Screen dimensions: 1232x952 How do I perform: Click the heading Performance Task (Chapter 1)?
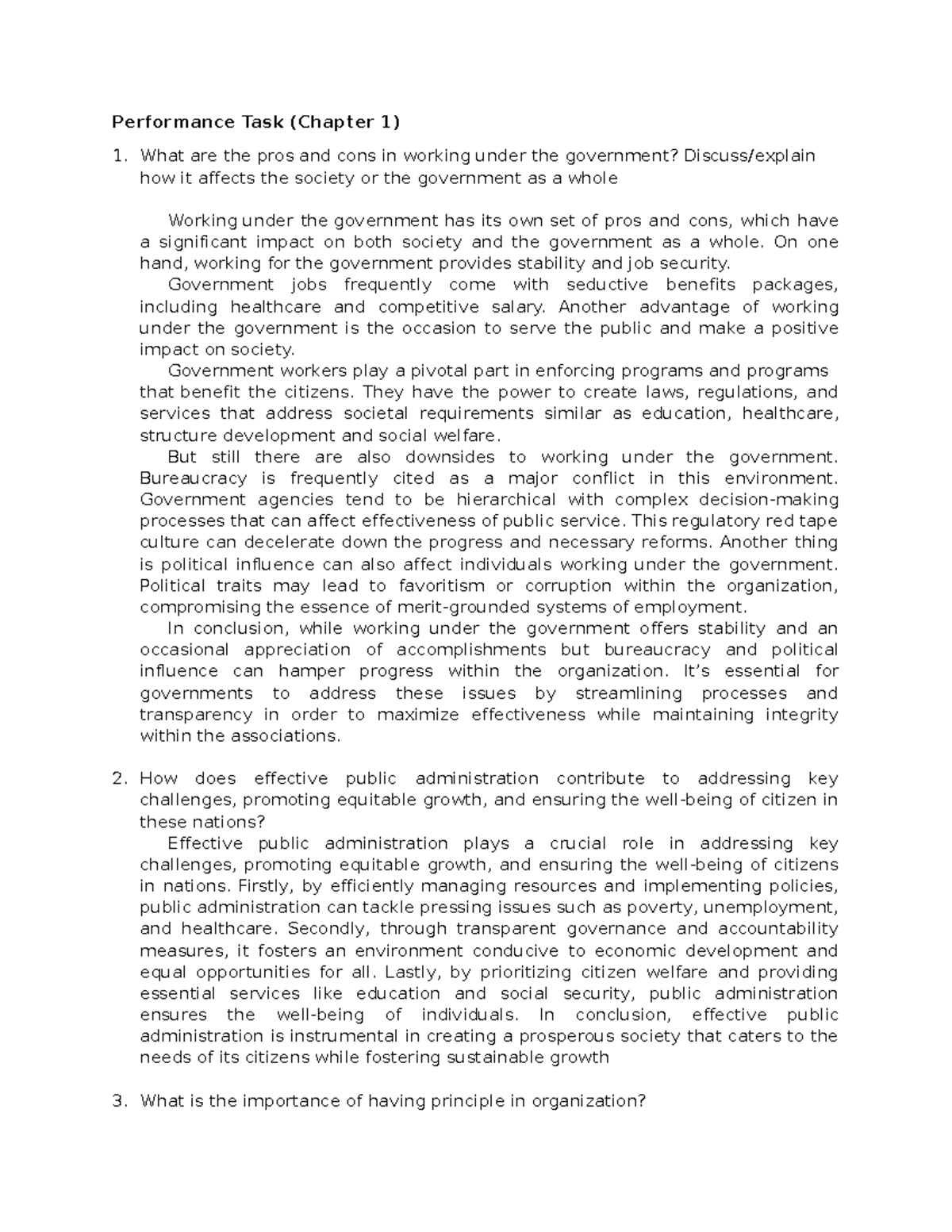tap(255, 122)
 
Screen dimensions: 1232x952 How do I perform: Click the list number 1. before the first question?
tap(119, 155)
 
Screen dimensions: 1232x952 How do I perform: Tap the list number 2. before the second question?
tap(119, 779)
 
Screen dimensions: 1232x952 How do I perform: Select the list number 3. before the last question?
tap(119, 1101)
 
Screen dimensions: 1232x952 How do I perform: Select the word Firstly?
tap(271, 886)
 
